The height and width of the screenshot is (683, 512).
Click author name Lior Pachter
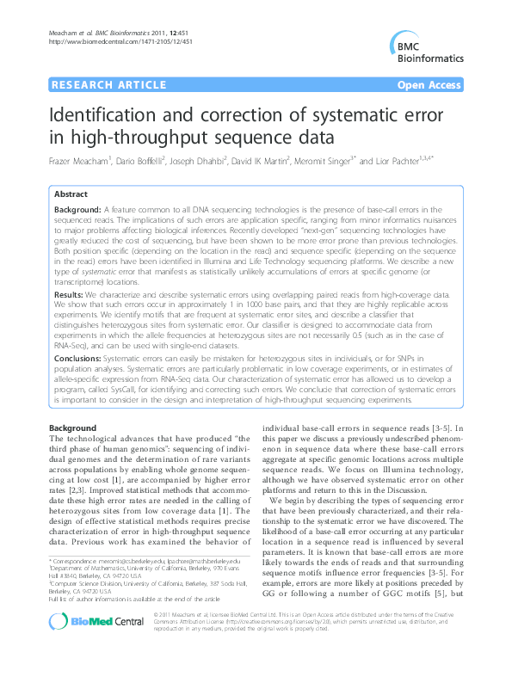coord(399,161)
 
